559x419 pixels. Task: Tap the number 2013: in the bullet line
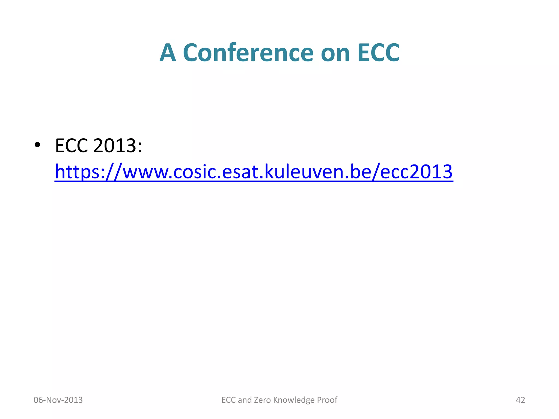pyautogui.click(x=118, y=145)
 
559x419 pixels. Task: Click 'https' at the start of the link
pyautogui.click(x=77, y=172)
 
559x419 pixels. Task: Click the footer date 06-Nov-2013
pyautogui.click(x=58, y=400)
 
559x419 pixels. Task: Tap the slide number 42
pyautogui.click(x=520, y=400)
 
